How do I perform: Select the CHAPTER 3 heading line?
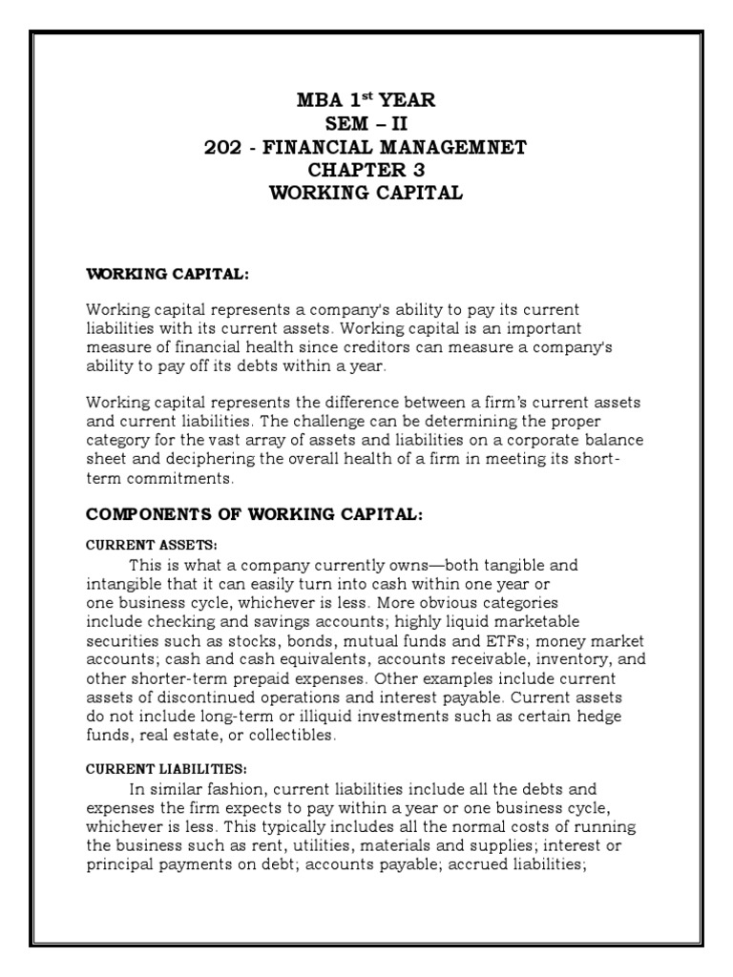click(x=366, y=170)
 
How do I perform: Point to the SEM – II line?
click(x=366, y=123)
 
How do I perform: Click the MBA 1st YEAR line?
click(x=366, y=99)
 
